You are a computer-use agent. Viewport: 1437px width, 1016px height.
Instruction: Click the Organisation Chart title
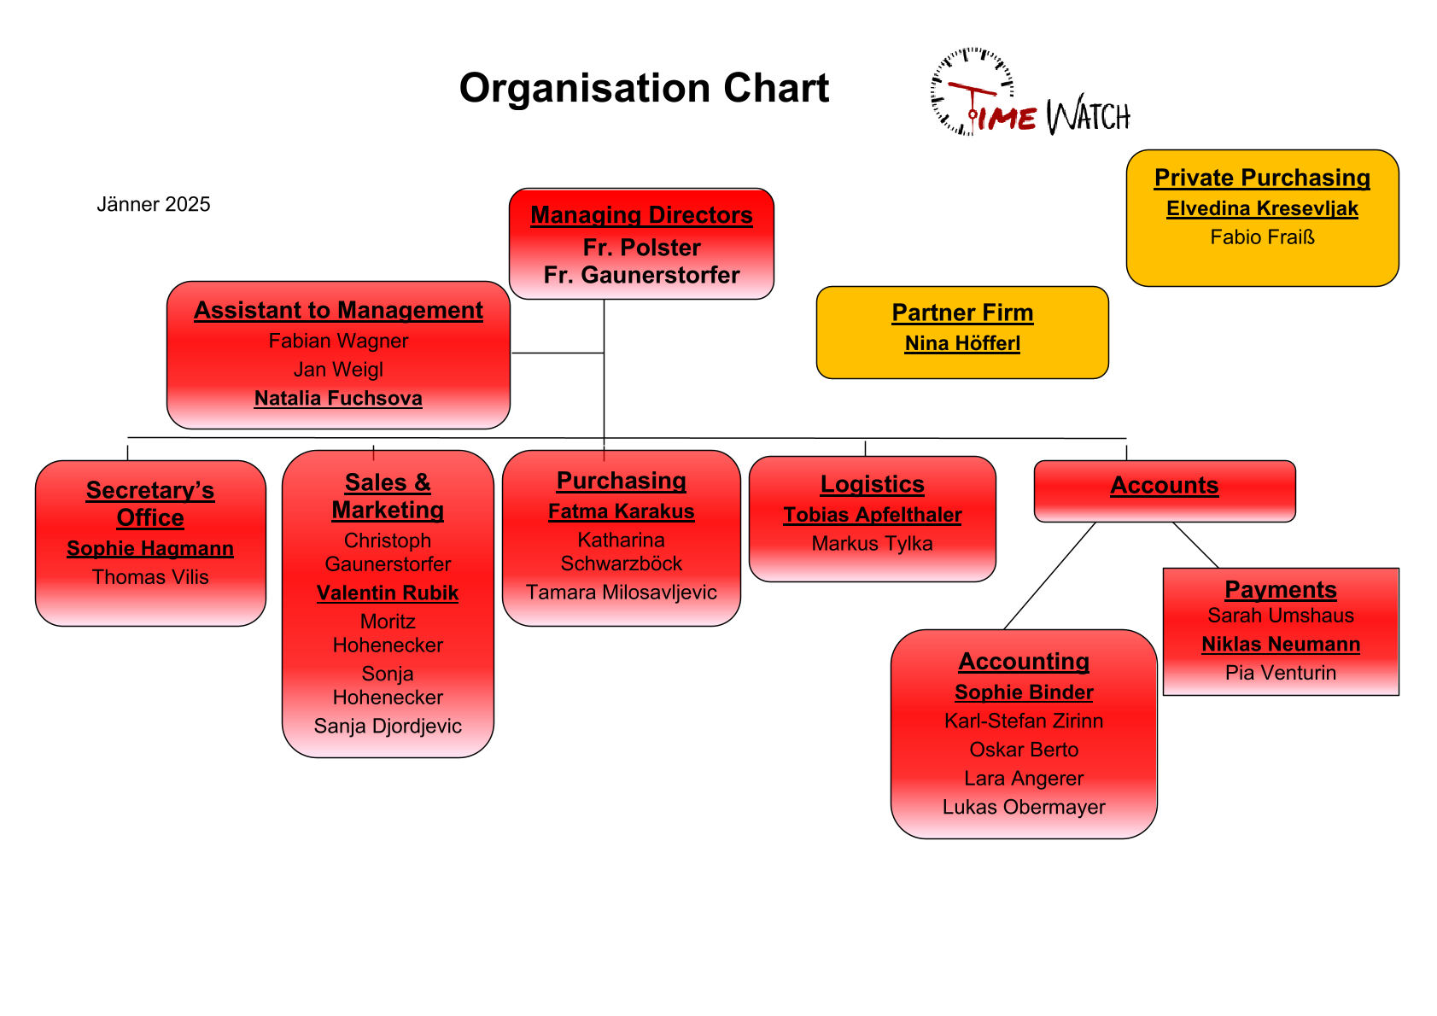coord(644,88)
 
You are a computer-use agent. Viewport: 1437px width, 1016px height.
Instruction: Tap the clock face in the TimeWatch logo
coord(972,91)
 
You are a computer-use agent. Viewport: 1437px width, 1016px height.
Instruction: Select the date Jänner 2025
coord(154,205)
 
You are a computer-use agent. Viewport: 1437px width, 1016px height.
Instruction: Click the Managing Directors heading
coord(641,215)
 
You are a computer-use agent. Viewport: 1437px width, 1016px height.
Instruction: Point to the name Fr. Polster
coord(641,248)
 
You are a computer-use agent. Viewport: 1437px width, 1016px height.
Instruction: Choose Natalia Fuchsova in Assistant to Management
coord(338,399)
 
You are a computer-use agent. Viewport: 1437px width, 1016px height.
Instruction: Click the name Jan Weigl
coord(338,370)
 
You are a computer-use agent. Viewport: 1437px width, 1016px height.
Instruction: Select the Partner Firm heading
coord(962,313)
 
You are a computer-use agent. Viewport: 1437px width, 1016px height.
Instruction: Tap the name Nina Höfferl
coord(962,343)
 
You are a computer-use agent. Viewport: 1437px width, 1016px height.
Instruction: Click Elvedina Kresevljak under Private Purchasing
coord(1262,208)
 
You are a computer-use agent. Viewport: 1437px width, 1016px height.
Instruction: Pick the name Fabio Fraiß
coord(1262,237)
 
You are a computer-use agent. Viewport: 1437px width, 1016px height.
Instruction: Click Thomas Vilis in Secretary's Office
coord(150,577)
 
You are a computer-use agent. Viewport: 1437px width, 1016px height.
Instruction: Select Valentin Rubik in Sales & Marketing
coord(388,593)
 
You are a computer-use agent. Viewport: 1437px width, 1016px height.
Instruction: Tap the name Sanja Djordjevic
coord(388,727)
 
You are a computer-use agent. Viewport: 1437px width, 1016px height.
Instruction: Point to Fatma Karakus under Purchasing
coord(621,511)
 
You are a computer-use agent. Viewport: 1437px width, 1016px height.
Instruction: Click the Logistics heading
coord(872,484)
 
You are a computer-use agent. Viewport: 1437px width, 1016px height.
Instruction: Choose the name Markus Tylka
coord(872,544)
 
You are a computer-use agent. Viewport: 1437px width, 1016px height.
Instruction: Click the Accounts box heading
coord(1164,486)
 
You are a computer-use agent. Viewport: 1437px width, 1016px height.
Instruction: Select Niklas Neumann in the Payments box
coord(1281,645)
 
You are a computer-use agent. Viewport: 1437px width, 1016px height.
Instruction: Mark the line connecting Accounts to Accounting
coord(1050,575)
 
